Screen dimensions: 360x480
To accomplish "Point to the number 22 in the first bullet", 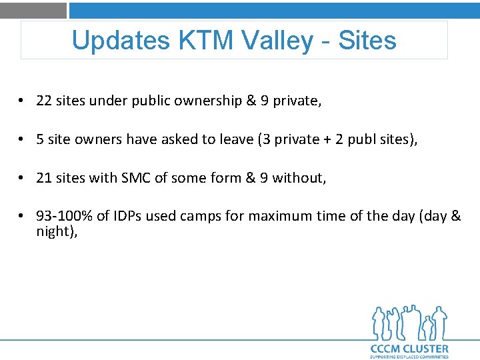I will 44,101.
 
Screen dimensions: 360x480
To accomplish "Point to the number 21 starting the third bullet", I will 44,178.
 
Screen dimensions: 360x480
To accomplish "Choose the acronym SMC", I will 136,178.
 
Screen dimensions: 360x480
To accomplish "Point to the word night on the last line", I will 54,232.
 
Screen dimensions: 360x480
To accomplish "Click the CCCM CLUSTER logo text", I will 409,348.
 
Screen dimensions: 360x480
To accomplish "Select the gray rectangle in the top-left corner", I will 33,10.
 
